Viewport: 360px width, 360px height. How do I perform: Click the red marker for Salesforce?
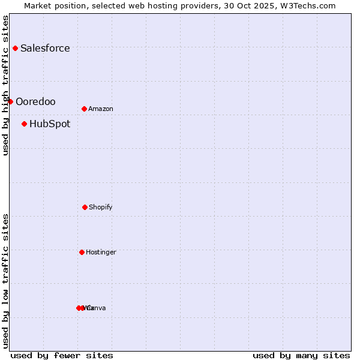pyautogui.click(x=15, y=48)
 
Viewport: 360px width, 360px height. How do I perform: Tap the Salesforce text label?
pyautogui.click(x=45, y=49)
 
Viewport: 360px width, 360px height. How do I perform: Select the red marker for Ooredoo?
pyautogui.click(x=10, y=101)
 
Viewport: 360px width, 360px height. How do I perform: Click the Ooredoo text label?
pyautogui.click(x=35, y=102)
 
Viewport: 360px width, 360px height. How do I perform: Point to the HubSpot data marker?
pyautogui.click(x=24, y=124)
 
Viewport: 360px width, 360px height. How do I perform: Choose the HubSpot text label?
pyautogui.click(x=50, y=124)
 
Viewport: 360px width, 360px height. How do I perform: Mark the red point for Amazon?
pyautogui.click(x=84, y=109)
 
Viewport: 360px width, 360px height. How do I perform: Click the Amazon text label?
pyautogui.click(x=101, y=109)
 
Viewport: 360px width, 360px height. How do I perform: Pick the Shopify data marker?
pyautogui.click(x=85, y=207)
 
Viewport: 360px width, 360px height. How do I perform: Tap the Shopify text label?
pyautogui.click(x=101, y=208)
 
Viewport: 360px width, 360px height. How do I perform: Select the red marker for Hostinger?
pyautogui.click(x=82, y=252)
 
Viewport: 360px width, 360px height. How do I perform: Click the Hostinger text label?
pyautogui.click(x=101, y=253)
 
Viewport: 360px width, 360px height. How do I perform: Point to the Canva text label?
pyautogui.click(x=97, y=308)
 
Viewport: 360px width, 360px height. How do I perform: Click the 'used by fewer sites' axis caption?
pyautogui.click(x=62, y=355)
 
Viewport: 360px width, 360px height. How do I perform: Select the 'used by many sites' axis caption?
pyautogui.click(x=301, y=355)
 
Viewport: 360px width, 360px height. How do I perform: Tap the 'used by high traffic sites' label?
pyautogui.click(x=5, y=85)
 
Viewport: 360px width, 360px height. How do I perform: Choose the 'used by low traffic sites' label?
pyautogui.click(x=5, y=281)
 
